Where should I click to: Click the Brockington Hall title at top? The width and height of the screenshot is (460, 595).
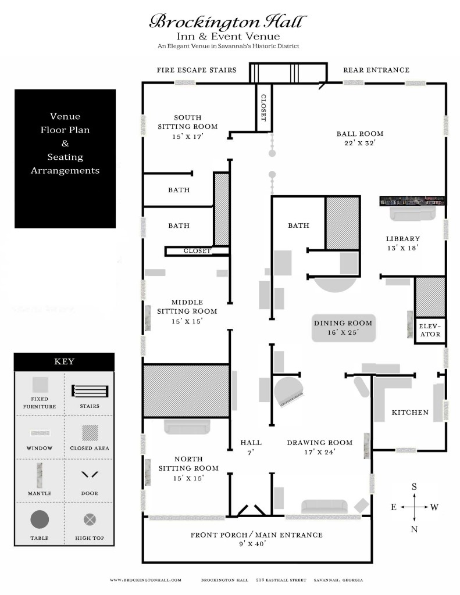click(227, 22)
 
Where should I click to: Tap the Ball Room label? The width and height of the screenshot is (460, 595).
click(360, 138)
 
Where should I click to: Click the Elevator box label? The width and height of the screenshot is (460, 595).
click(430, 330)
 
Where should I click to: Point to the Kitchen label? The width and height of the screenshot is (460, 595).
click(410, 413)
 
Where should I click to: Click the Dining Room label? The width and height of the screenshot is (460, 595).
click(343, 328)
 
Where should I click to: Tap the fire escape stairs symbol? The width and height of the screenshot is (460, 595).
click(285, 73)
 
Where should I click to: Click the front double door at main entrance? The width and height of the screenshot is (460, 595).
click(251, 510)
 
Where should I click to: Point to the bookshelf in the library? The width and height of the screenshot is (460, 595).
click(413, 200)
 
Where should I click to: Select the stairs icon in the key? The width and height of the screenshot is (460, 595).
click(90, 390)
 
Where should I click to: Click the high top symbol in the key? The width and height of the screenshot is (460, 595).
click(90, 519)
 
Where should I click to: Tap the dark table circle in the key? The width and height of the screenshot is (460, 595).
click(40, 519)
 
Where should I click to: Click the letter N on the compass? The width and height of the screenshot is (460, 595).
click(414, 529)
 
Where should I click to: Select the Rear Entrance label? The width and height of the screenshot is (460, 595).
click(376, 70)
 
